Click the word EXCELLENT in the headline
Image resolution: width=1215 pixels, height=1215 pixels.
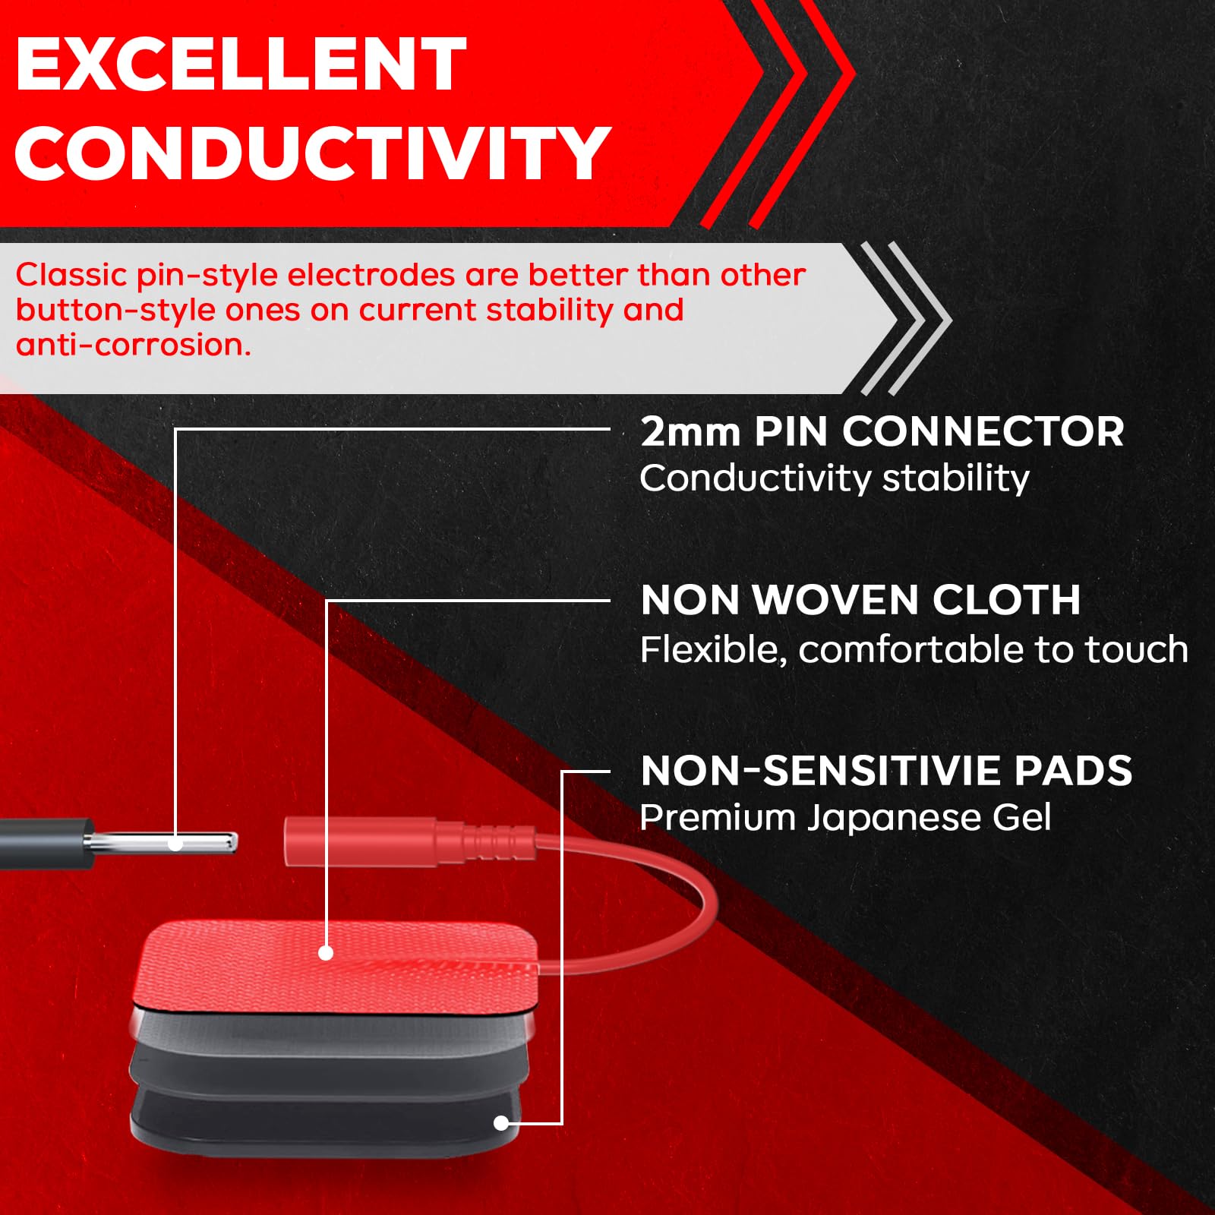[241, 65]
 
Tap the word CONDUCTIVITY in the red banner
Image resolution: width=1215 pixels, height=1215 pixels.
[312, 153]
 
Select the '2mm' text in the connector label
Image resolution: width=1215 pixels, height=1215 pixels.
[690, 432]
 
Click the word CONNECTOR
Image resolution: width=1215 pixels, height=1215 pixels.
[983, 432]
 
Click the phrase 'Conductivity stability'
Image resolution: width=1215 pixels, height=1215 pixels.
[835, 479]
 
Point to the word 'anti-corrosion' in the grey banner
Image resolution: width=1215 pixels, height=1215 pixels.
[133, 346]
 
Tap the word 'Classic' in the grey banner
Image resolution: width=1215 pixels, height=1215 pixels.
[71, 275]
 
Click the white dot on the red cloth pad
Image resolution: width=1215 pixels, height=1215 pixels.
[326, 953]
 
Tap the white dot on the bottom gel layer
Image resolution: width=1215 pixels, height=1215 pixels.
[501, 1123]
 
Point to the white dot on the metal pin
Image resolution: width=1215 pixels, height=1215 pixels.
[175, 844]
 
